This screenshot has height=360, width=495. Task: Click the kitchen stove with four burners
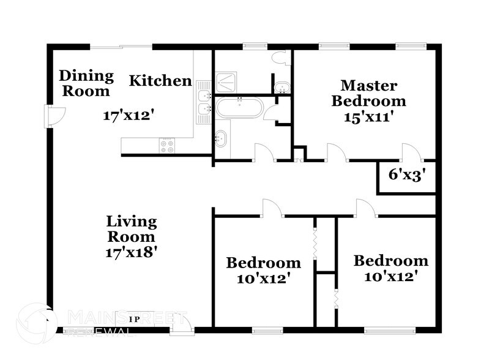click(x=166, y=146)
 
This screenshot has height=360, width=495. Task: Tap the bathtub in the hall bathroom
click(x=239, y=109)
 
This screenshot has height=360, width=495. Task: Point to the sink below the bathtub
click(x=221, y=139)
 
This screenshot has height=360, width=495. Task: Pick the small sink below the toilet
click(x=282, y=87)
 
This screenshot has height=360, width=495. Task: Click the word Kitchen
click(x=160, y=81)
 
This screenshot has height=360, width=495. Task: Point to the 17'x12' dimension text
click(x=127, y=114)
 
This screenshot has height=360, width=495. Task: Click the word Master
click(x=368, y=85)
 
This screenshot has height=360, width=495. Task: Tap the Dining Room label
click(x=86, y=83)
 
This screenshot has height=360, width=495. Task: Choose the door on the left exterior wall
click(x=54, y=116)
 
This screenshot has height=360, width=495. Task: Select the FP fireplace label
click(x=134, y=319)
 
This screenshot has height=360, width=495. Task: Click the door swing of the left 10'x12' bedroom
click(x=271, y=208)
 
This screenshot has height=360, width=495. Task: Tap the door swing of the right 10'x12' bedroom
click(x=365, y=208)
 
